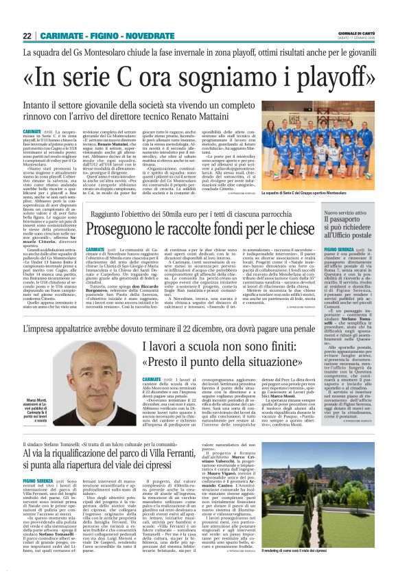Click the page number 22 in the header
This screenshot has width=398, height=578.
pos(27,36)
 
